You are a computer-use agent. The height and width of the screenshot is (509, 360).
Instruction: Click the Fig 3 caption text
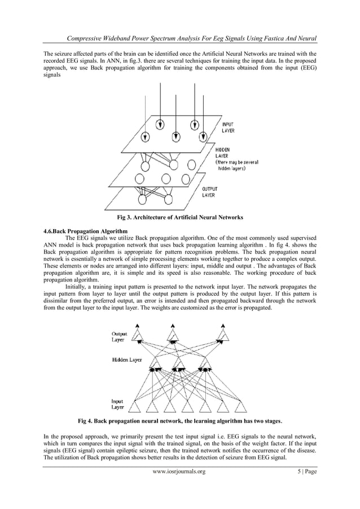179,217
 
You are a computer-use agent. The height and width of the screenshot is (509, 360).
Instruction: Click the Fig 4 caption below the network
180,420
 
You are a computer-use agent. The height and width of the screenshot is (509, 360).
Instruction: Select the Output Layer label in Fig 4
119,336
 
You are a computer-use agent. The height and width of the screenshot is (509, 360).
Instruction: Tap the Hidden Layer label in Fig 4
127,359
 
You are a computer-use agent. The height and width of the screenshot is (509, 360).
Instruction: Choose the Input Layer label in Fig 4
117,404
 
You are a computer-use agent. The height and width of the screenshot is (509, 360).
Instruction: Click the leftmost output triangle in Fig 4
138,337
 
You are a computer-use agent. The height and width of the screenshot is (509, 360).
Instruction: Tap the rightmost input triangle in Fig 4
240,406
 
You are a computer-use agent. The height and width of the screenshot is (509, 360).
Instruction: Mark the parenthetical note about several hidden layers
237,165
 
